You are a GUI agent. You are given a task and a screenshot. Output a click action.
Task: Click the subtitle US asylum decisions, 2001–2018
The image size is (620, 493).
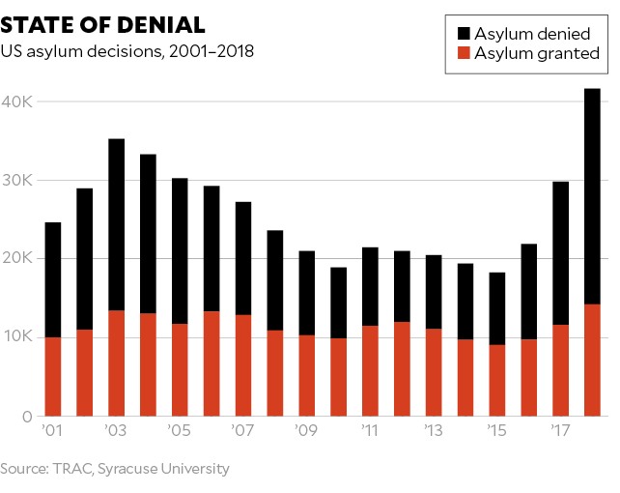pos(127,51)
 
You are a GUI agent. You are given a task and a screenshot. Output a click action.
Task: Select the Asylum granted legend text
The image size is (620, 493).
pos(537,54)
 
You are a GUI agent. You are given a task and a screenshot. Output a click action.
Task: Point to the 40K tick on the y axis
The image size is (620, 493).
pos(18,101)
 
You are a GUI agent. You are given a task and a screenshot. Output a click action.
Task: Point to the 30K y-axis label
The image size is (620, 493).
pos(18,180)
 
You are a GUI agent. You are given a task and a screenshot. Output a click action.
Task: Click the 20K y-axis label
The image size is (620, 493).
pos(18,258)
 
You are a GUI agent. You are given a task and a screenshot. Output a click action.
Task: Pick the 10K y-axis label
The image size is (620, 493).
pos(18,336)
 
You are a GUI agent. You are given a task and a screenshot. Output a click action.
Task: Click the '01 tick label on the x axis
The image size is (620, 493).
pos(52,429)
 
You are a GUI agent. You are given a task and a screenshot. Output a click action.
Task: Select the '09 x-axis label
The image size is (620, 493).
pos(306,429)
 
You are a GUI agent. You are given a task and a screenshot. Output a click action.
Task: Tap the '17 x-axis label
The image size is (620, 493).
pos(561,429)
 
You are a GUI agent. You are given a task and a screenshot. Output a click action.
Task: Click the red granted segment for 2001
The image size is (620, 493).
pos(52,376)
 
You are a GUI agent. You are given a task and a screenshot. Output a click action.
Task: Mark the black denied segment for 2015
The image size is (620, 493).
pos(497,308)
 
